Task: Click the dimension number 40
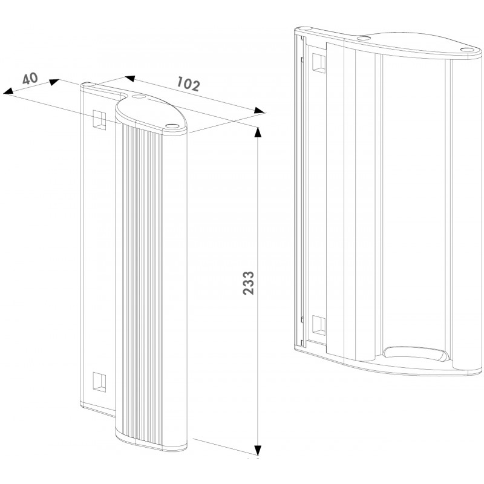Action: (30, 79)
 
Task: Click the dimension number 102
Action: (188, 84)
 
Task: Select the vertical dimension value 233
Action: (248, 283)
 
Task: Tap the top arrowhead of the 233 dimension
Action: (258, 131)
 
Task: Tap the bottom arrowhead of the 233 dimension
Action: (258, 451)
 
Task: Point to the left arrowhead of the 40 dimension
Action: (8, 91)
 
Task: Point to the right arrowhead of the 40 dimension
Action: (54, 82)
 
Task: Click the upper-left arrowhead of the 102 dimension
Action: (129, 79)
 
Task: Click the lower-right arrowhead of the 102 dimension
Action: (260, 111)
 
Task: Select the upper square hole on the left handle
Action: (99, 120)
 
